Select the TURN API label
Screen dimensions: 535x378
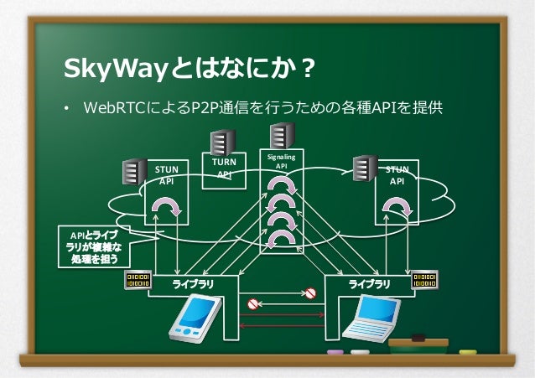[224, 167]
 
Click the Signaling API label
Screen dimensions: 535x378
[281, 161]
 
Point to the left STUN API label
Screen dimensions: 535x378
[166, 174]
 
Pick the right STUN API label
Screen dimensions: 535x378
[397, 174]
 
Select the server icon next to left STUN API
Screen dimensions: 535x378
[134, 171]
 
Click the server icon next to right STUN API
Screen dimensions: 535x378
[364, 168]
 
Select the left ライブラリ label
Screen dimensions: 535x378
[193, 284]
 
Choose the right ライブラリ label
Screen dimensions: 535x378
[369, 284]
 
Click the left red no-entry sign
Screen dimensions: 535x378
[253, 294]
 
